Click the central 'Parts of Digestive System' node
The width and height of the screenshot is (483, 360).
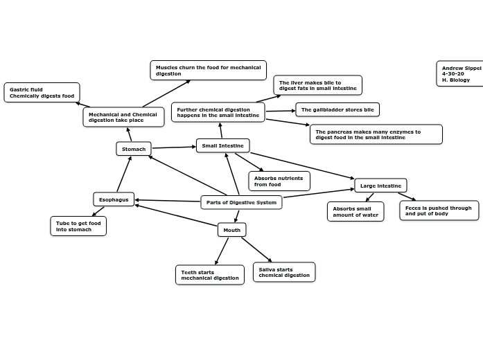241,202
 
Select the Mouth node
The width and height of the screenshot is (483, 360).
231,230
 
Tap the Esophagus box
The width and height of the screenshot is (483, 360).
114,199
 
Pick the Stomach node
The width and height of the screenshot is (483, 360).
134,149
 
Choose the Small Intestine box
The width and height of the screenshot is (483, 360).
222,145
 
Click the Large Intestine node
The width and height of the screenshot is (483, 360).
380,186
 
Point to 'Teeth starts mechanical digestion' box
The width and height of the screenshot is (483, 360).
209,275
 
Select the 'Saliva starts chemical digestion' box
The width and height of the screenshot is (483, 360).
284,272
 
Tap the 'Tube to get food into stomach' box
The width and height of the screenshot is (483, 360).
78,226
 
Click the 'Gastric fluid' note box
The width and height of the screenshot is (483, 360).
42,93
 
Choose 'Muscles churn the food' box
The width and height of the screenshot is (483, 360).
208,71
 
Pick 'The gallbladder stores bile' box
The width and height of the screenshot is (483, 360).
337,109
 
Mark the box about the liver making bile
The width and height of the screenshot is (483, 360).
317,85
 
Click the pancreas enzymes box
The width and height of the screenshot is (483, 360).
376,134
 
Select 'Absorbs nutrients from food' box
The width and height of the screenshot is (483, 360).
279,181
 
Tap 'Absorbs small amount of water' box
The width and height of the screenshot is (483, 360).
355,211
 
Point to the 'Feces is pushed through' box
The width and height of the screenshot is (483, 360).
439,210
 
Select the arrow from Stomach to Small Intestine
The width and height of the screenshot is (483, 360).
173,147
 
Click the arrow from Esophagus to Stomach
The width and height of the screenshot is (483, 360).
124,174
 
